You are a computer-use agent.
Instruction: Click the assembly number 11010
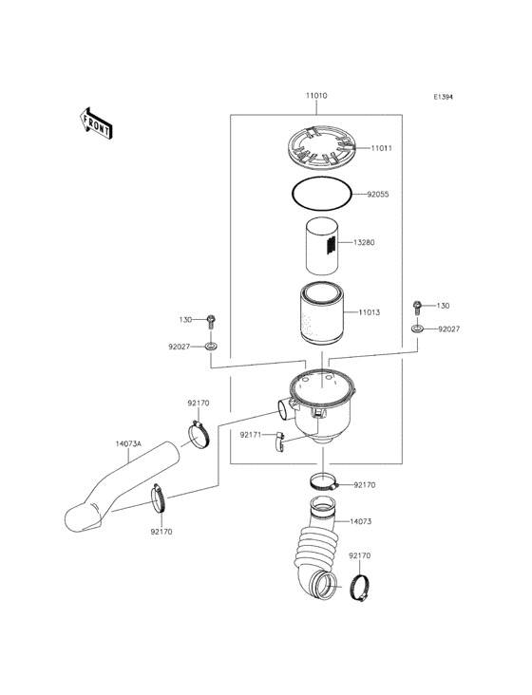coord(317,97)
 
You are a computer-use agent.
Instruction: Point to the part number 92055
coord(378,194)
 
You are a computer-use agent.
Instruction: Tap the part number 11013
coord(370,312)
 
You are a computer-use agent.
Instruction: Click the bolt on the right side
coord(417,307)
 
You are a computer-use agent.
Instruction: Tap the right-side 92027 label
coord(449,329)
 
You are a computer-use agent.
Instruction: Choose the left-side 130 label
coord(186,320)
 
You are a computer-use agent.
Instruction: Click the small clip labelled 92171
coord(280,440)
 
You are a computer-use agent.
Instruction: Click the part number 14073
coord(360,522)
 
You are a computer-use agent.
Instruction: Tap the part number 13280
coord(365,243)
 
